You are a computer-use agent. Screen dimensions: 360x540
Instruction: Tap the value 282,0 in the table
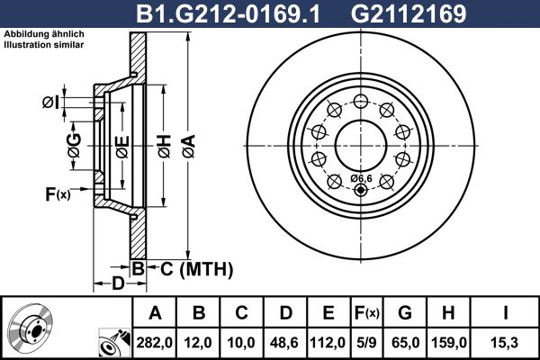155,343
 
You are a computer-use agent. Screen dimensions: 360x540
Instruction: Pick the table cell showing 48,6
285,343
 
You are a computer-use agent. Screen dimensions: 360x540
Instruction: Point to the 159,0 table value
451,343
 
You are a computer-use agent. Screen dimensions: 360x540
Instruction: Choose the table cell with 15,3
505,343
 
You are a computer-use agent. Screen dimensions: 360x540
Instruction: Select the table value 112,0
328,343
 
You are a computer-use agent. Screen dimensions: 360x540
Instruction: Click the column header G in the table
406,313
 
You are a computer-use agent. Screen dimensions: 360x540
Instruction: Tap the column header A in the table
155,313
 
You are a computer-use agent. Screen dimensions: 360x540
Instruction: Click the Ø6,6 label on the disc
361,178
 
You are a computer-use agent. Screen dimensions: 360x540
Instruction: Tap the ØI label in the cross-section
52,103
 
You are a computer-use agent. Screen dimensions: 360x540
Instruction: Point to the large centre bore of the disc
361,144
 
